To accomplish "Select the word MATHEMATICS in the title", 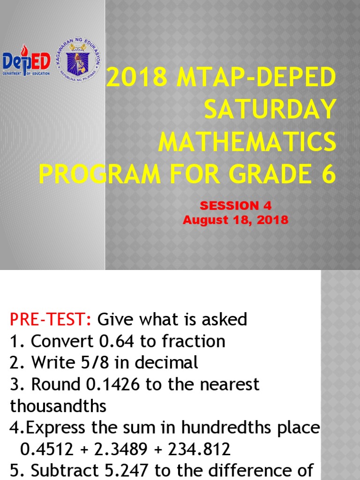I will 247,142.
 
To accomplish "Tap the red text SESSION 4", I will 235,205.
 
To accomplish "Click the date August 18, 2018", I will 235,219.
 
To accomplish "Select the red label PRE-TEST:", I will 51,320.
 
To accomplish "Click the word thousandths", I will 58,406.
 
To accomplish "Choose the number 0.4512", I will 47,449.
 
